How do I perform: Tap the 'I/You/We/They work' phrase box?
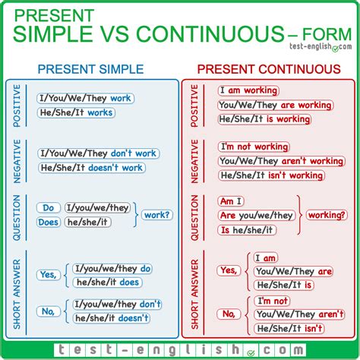coord(84,99)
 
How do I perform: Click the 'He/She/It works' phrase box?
coord(75,112)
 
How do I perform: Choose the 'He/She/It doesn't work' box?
coord(90,167)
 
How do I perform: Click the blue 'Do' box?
coord(48,207)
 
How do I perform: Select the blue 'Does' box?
coord(48,222)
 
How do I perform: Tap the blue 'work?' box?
coord(156,215)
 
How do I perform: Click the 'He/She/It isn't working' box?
coord(270,175)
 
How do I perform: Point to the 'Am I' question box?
coord(232,201)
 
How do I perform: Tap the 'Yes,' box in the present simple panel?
coord(49,276)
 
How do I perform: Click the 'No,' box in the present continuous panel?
coord(227,314)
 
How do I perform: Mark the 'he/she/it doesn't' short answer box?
coord(112,318)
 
